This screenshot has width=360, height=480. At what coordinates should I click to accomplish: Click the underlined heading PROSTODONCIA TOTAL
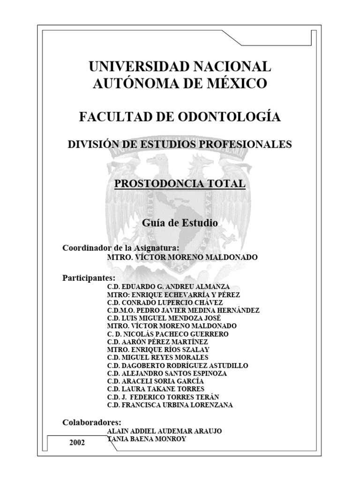click(x=180, y=184)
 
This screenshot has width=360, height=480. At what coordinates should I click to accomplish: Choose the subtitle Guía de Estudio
click(x=180, y=224)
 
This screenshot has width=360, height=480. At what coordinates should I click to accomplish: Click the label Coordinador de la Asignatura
click(x=120, y=247)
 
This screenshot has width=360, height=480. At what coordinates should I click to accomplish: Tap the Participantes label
click(x=89, y=277)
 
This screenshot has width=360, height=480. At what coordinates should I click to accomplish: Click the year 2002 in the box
click(x=77, y=442)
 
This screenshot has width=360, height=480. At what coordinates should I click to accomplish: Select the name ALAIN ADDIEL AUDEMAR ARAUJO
click(x=165, y=430)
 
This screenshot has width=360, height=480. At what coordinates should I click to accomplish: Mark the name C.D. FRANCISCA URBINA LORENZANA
click(x=170, y=405)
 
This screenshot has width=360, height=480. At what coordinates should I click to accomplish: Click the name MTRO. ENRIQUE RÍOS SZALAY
click(x=158, y=349)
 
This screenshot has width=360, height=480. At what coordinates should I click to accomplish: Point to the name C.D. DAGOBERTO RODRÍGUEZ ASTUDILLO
click(x=178, y=365)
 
